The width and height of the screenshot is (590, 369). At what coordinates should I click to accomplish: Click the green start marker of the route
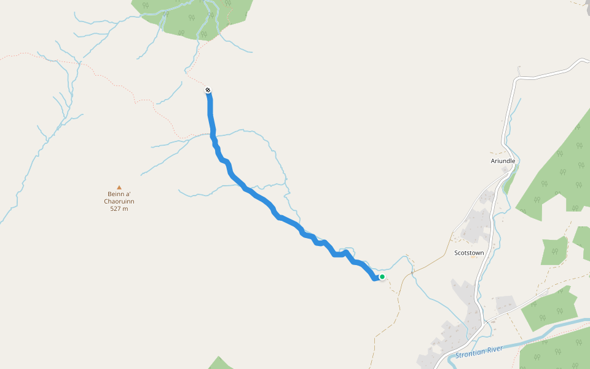click(x=382, y=277)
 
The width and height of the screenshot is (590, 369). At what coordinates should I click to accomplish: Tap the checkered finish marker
click(x=208, y=90)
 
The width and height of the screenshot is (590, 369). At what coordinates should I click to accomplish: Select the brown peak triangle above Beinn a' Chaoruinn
click(x=119, y=188)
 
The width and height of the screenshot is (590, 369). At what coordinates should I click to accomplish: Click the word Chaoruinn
click(x=119, y=202)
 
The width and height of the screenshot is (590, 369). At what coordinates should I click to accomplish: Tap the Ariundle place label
click(x=503, y=161)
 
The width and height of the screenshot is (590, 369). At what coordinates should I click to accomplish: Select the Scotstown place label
click(x=469, y=253)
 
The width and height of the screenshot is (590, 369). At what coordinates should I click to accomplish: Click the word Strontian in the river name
click(x=470, y=353)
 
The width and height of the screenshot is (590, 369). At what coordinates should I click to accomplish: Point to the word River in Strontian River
click(x=495, y=348)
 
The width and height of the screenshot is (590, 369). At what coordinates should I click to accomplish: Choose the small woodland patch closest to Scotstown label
click(x=554, y=250)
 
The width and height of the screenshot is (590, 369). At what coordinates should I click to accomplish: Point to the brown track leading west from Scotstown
click(x=430, y=261)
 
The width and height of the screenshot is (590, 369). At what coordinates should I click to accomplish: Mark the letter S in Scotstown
click(x=456, y=253)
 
